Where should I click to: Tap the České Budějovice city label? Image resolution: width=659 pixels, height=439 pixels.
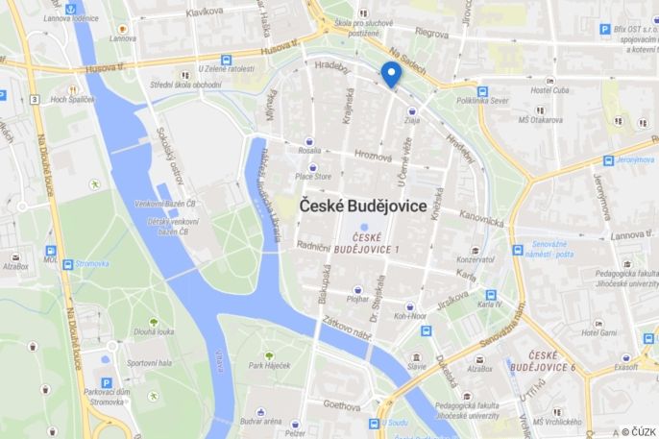coord(363,206)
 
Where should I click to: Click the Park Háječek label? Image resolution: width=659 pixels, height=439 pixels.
coord(269,365)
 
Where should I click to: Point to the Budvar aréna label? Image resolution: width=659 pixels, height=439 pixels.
coord(259,421)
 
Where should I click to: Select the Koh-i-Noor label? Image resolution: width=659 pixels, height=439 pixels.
coord(410,314)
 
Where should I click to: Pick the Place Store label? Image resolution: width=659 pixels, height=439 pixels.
coord(313,176)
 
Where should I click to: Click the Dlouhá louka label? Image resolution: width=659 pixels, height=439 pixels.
coord(154,332)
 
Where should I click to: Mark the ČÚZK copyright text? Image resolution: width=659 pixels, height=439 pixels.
coord(639,431)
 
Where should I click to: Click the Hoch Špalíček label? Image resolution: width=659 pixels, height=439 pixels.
coord(72,98)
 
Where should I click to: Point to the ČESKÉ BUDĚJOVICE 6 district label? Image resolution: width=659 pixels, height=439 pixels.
coord(543,361)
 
